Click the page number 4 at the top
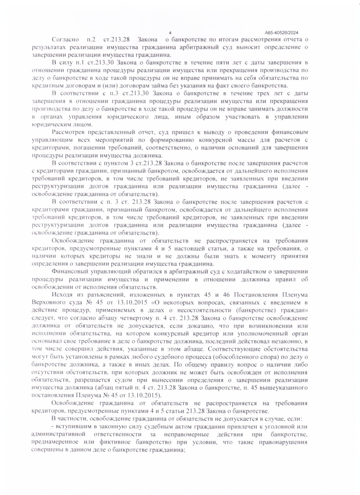tap(170, 32)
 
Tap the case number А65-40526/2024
tap(282, 32)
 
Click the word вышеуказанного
tap(284, 388)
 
